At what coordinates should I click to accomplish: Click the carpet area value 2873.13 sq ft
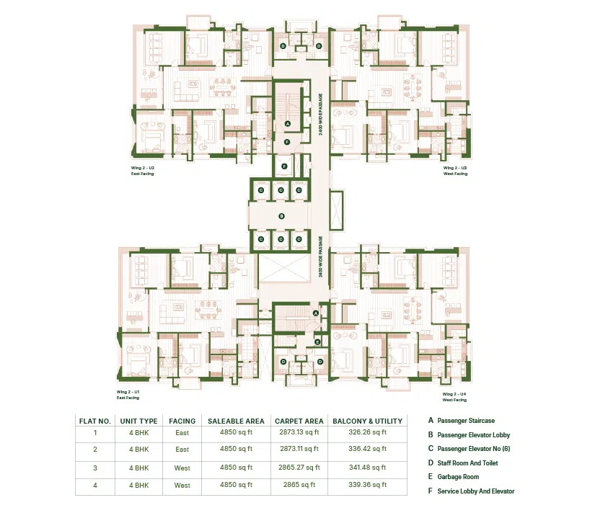click(298, 433)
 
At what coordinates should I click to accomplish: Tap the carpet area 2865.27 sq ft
click(298, 468)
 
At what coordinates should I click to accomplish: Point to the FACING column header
click(182, 421)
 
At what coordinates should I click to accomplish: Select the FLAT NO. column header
click(94, 421)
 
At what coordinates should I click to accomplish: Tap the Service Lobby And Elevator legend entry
click(475, 491)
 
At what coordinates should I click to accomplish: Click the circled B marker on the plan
click(282, 215)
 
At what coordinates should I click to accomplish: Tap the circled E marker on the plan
click(317, 342)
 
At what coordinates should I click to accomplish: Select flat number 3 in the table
click(94, 468)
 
